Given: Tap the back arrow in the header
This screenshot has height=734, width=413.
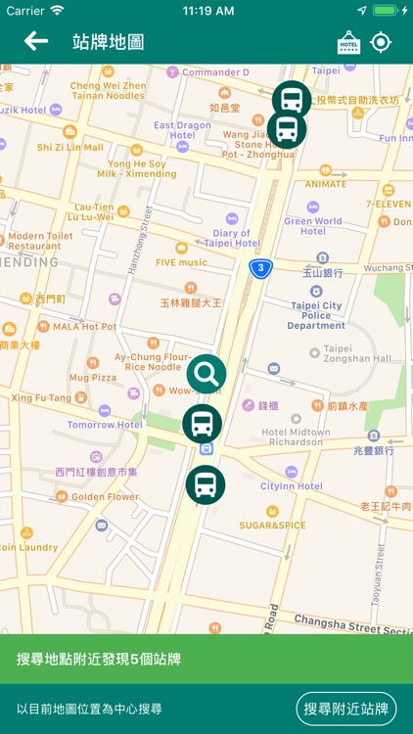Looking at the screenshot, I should [36, 41].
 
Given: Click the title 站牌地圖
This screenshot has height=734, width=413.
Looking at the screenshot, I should [109, 42].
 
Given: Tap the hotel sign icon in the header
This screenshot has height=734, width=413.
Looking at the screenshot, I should [348, 42].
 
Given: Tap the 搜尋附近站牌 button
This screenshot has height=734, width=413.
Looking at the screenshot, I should [346, 709].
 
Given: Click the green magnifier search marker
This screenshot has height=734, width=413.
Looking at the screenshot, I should [206, 373].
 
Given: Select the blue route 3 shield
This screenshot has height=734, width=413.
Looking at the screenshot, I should [259, 268].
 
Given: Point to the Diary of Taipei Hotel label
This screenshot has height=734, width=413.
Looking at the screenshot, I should [231, 238].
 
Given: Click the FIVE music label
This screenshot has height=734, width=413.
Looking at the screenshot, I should [180, 262].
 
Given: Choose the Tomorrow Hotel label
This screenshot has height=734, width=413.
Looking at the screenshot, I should [105, 425].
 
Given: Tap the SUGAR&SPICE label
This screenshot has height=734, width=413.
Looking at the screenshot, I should [272, 526].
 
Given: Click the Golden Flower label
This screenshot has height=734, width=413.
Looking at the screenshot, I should [105, 496].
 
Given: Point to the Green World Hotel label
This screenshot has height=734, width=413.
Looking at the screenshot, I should [312, 226].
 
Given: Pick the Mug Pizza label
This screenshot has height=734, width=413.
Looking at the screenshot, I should [92, 377].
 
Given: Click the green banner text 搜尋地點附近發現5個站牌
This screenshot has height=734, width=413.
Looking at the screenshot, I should [99, 660].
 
